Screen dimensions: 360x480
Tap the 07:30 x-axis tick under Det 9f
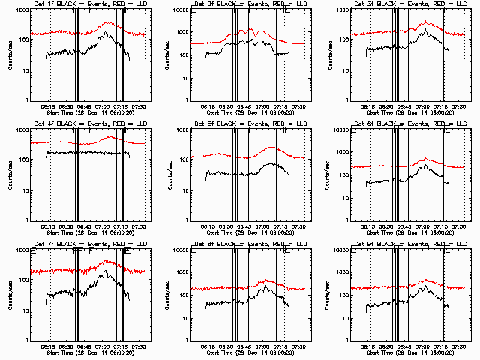tap(457, 346)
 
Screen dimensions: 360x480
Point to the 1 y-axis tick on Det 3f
tap(343, 100)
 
